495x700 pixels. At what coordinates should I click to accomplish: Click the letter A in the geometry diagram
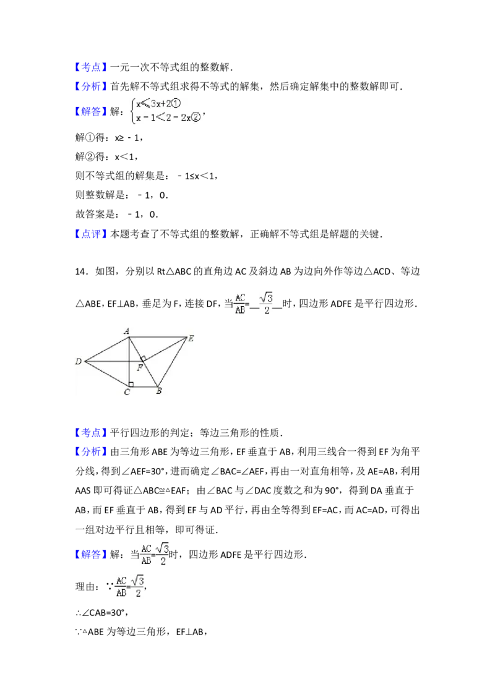[x=126, y=331]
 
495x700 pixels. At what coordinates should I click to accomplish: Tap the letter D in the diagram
[x=79, y=362]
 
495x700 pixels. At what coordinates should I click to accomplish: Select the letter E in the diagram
[x=191, y=338]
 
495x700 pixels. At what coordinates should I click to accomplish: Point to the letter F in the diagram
[x=139, y=368]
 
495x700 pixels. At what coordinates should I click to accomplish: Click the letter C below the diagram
[x=127, y=392]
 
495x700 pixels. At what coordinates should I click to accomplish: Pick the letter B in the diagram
[x=159, y=391]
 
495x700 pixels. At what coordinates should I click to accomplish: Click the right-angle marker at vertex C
[x=131, y=384]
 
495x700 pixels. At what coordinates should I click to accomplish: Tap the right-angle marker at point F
[x=143, y=358]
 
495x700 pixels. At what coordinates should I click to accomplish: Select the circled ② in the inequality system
[x=196, y=116]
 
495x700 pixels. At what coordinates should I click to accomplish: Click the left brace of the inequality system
[x=132, y=110]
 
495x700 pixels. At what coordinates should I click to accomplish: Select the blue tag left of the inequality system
[x=92, y=111]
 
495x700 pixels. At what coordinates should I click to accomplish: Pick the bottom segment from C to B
[x=143, y=387]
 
